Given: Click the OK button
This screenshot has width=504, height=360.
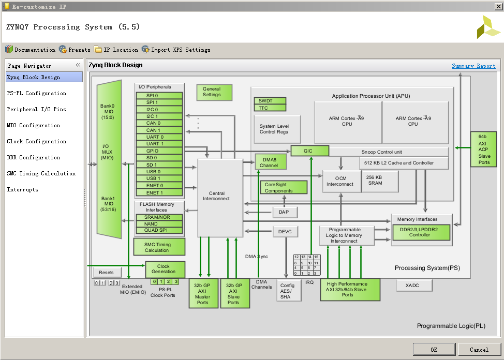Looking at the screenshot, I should [434, 349].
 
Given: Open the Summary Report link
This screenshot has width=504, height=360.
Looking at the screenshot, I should [473, 66].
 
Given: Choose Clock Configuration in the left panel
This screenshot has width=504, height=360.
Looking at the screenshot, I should [37, 141].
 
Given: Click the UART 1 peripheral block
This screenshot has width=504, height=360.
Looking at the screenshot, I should [159, 144].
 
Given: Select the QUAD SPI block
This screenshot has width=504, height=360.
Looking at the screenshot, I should [159, 230].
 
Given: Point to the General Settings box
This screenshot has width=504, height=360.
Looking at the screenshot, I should [214, 92].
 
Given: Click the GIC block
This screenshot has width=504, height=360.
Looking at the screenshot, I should [309, 151].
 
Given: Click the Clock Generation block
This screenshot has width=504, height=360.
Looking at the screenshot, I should [165, 269].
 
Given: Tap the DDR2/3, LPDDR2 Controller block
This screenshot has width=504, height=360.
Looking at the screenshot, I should [421, 232].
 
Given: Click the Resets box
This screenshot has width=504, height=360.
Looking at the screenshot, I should [107, 272].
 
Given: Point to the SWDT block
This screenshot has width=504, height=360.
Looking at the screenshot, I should [270, 101].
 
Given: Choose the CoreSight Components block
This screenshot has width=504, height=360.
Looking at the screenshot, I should [283, 187].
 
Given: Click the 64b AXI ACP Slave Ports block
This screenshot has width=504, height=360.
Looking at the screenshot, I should [483, 149].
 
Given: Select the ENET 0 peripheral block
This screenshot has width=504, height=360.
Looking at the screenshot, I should [159, 185].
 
